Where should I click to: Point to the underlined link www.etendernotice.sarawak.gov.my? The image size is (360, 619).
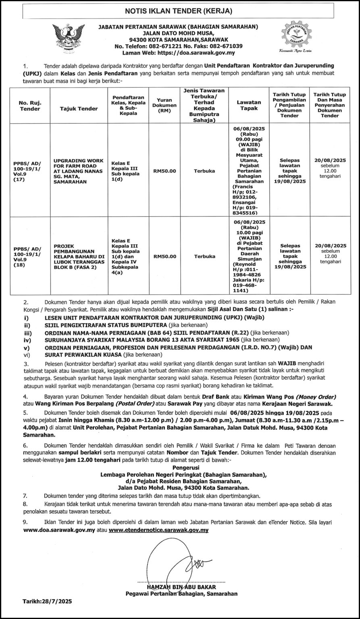pyautogui.click(x=158, y=530)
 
